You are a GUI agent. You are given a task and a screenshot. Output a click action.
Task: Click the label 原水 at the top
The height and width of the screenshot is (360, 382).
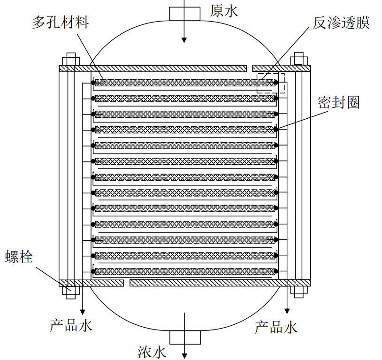(x=224, y=10)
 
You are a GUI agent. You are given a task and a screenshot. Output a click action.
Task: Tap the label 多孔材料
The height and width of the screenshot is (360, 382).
(x=60, y=22)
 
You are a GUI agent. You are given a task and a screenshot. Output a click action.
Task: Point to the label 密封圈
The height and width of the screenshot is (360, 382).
(x=338, y=103)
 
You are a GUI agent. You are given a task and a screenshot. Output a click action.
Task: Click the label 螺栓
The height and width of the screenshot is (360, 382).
(x=19, y=256)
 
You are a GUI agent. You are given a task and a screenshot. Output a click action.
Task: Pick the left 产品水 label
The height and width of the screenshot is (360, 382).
(x=71, y=325)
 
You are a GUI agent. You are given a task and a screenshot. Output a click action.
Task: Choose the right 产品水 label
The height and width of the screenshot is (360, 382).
(x=276, y=327)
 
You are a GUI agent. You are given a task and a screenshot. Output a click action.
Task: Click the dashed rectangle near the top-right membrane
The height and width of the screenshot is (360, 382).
(x=271, y=83)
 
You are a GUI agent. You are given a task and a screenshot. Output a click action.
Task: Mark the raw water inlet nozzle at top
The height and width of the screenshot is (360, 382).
(x=184, y=14)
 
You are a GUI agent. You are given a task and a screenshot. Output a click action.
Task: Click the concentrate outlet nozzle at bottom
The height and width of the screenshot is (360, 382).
(x=185, y=337)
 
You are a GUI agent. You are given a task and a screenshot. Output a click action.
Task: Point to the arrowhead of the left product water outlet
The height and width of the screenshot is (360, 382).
(x=83, y=311)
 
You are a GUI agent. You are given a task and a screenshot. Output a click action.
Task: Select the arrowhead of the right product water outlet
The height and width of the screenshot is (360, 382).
(x=286, y=310)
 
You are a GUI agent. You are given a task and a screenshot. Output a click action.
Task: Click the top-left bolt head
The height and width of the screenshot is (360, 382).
(x=71, y=60)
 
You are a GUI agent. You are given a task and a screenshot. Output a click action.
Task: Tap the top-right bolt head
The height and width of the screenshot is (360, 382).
(x=298, y=60)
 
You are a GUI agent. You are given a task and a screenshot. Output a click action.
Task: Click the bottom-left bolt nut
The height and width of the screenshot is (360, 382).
(x=71, y=291)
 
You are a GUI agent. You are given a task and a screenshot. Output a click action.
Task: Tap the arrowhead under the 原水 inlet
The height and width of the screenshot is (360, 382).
(x=184, y=39)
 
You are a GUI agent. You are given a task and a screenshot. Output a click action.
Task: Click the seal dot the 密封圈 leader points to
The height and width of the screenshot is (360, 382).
(x=276, y=129)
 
